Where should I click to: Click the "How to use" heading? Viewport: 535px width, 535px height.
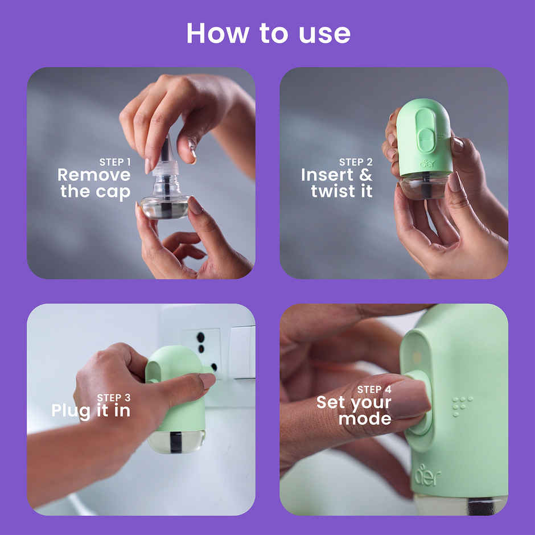(268, 33)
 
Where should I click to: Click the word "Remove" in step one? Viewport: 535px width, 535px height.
(94, 175)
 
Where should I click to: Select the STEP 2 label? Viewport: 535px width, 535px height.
(356, 162)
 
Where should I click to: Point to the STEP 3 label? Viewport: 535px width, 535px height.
(113, 397)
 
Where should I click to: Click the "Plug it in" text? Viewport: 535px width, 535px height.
(91, 410)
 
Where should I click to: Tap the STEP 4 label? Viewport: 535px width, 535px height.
(374, 389)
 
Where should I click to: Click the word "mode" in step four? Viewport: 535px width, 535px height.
(365, 419)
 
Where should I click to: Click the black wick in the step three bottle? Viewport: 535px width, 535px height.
(176, 441)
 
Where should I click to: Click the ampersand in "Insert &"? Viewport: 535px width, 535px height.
(364, 175)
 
